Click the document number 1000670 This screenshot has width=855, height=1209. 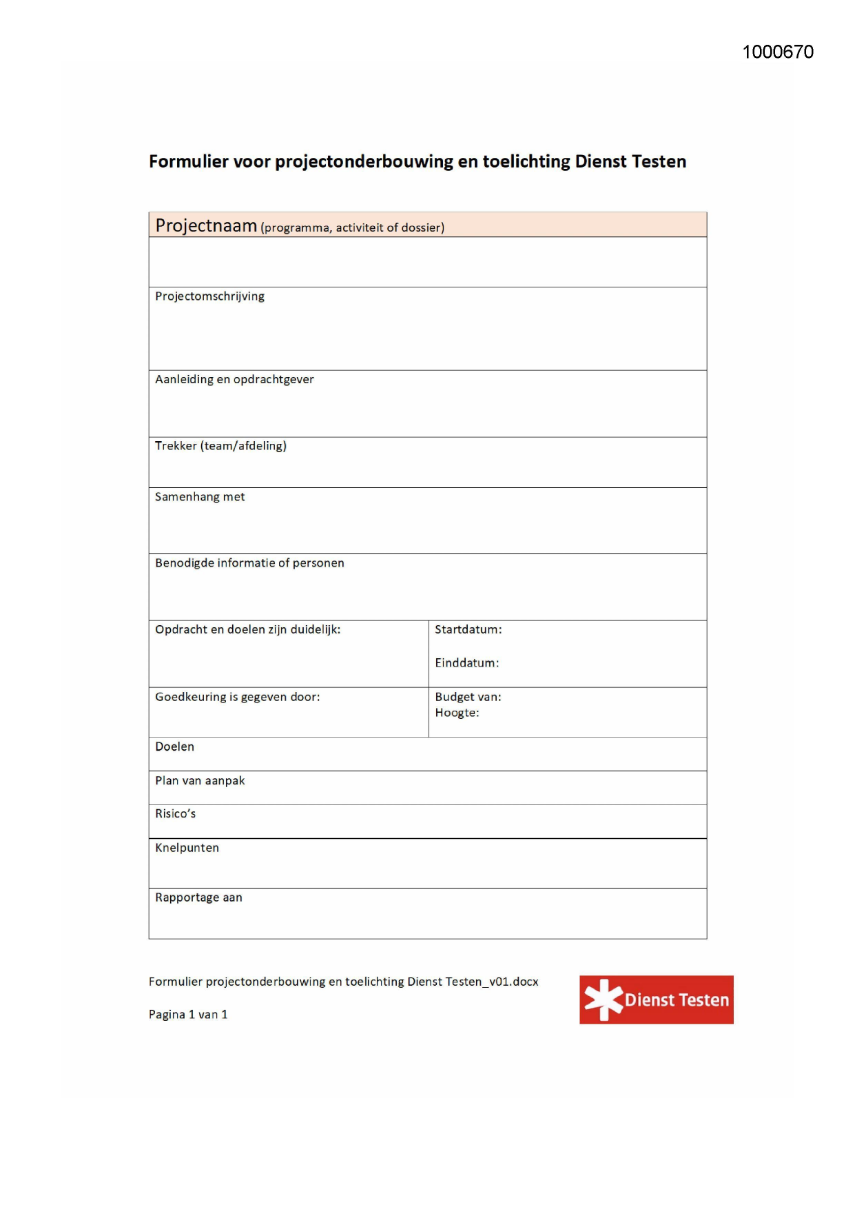[x=778, y=52]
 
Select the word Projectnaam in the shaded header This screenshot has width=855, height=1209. [x=206, y=225]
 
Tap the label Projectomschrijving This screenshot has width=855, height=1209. [x=209, y=296]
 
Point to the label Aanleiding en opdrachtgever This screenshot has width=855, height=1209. [x=234, y=379]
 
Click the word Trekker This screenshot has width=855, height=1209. [x=176, y=446]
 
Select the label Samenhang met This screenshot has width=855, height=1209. [x=200, y=497]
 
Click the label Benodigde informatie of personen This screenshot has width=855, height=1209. [x=249, y=563]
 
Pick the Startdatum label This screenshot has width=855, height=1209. [x=468, y=629]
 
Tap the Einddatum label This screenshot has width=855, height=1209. [x=466, y=663]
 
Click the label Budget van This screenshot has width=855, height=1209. [x=468, y=697]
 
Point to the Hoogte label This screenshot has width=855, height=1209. [x=457, y=713]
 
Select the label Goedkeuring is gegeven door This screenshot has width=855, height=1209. [x=237, y=697]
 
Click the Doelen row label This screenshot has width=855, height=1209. [x=174, y=746]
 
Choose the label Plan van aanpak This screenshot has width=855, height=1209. [x=200, y=780]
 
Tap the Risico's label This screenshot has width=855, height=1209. [x=175, y=814]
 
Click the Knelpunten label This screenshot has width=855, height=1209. [x=187, y=848]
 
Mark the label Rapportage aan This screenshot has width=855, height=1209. [x=198, y=897]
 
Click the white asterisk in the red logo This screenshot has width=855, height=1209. [x=603, y=999]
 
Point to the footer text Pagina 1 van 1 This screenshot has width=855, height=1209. [x=188, y=1015]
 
